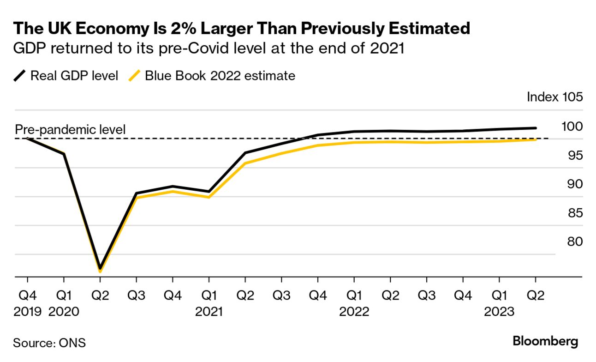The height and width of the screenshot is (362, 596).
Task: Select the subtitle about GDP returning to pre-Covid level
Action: tap(209, 48)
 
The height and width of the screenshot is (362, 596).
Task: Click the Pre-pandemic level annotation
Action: tap(71, 130)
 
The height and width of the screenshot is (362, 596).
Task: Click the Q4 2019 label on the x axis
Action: tap(27, 303)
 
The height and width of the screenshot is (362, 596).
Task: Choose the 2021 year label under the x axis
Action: tap(209, 312)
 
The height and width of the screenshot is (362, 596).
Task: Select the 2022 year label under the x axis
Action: tap(354, 312)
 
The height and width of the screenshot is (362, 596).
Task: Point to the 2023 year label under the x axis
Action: tap(499, 312)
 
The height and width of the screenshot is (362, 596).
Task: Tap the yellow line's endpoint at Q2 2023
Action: tap(535, 139)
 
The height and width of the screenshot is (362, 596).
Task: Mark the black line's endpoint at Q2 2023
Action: tap(535, 128)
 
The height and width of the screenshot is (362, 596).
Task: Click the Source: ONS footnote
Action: tap(49, 343)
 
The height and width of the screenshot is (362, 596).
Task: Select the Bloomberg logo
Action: tap(545, 342)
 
